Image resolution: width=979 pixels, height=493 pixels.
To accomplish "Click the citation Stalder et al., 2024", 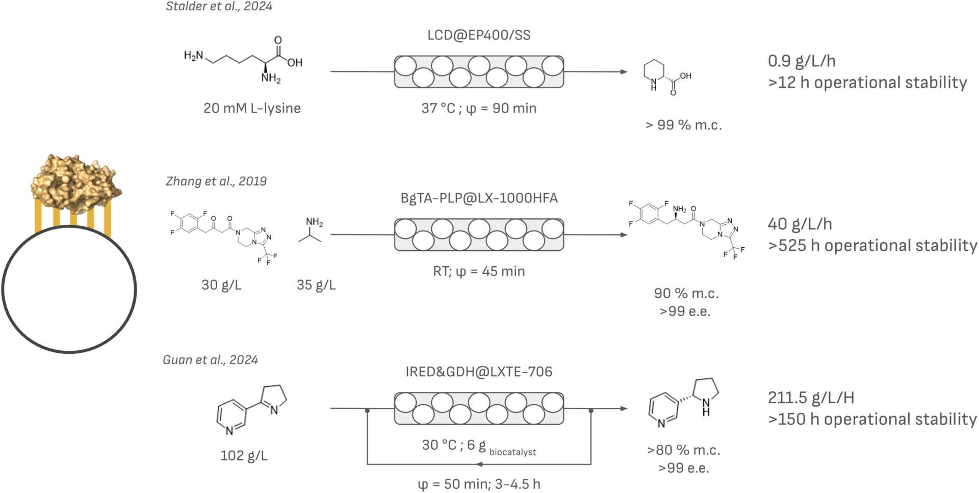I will tap(219, 7).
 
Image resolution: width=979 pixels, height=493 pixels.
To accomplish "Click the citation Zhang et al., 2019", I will tap(216, 181).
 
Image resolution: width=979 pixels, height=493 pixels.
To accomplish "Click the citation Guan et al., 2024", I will tap(210, 360).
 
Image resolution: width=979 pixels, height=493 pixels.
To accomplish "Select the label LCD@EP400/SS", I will tap(479, 35).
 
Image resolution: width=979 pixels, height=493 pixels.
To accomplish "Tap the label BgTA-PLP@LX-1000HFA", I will tap(479, 198).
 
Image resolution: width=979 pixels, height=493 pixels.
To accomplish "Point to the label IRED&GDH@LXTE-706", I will tap(479, 372).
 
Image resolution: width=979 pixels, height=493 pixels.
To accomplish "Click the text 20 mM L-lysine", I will tap(252, 108).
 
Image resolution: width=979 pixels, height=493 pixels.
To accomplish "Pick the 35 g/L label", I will tap(316, 284).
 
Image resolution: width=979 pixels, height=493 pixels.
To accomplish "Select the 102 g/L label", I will tap(244, 455).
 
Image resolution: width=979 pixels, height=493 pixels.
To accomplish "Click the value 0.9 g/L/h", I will tap(802, 61).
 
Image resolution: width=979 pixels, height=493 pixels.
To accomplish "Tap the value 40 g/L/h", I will tap(800, 224).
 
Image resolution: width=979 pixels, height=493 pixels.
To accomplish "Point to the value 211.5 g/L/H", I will tap(811, 398).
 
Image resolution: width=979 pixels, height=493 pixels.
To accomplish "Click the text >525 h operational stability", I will tap(872, 246).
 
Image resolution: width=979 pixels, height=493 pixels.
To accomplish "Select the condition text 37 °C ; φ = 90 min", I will tap(479, 108).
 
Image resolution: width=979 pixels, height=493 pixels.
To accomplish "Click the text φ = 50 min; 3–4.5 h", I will tap(479, 484).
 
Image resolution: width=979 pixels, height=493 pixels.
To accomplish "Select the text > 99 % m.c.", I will tap(683, 125).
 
